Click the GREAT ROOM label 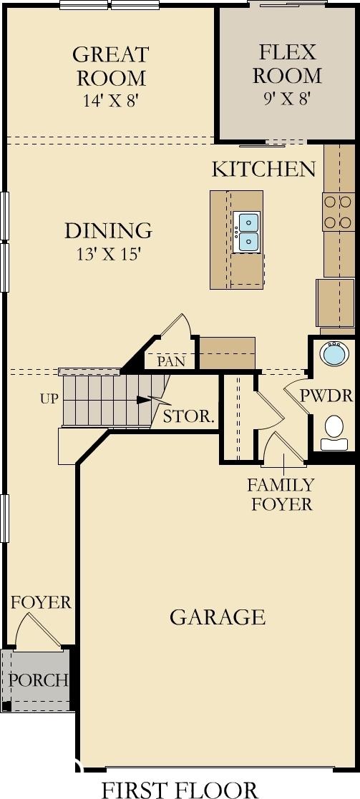[110, 67]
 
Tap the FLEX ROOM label [287, 64]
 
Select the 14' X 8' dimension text [111, 100]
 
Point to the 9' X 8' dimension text [287, 98]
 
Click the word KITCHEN [263, 170]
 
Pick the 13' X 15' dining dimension [109, 254]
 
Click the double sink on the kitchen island [247, 232]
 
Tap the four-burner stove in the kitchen [339, 212]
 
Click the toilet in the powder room [334, 433]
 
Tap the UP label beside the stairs [49, 399]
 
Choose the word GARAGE [218, 617]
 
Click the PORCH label [39, 680]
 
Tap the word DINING [109, 231]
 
